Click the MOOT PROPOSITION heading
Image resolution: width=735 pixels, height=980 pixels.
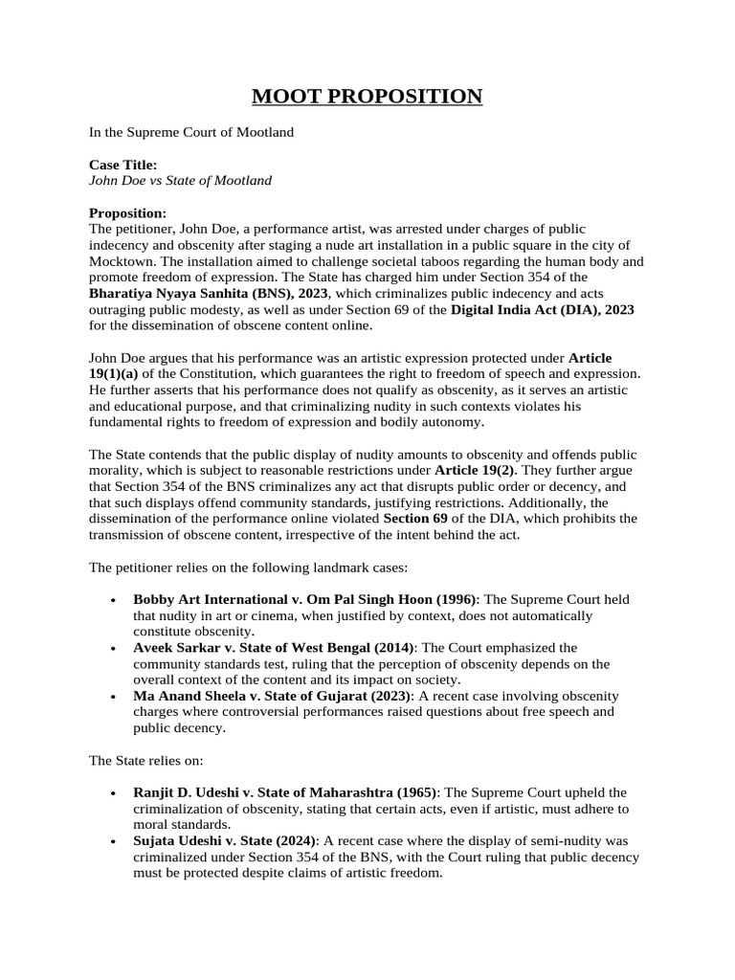coord(367,96)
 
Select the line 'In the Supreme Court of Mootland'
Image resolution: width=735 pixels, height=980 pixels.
coord(191,132)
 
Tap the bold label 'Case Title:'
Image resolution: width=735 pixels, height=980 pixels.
coord(122,165)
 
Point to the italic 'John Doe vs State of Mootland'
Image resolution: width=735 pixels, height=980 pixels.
coord(180,180)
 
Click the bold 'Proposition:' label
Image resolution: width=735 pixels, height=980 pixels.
coord(127,212)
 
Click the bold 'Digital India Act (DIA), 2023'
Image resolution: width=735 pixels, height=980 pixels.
coord(543,309)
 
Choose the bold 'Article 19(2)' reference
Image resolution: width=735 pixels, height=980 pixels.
coord(476,471)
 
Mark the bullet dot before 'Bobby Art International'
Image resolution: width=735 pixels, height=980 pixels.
coord(114,600)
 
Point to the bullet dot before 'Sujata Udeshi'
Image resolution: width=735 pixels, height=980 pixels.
coord(114,841)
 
